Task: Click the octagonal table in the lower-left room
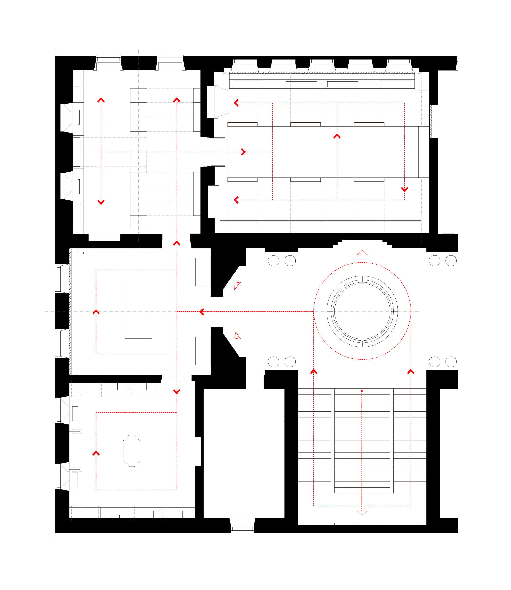131,450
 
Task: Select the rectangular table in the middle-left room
138,311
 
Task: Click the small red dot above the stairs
361,391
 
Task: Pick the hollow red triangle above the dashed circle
362,253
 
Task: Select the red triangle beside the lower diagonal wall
237,336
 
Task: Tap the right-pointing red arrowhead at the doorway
243,152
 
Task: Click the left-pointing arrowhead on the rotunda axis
202,312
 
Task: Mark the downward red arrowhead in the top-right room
404,189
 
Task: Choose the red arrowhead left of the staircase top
314,371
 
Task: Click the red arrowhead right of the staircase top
411,371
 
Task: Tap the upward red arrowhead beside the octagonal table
96,453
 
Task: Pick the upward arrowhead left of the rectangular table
96,312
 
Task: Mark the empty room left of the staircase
244,453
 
